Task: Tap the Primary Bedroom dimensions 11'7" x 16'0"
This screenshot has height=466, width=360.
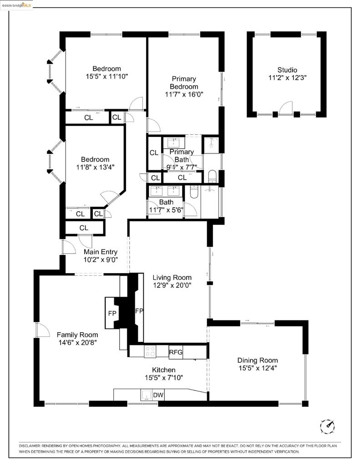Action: [x=184, y=95]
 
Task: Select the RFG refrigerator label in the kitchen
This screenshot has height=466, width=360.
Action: [x=176, y=352]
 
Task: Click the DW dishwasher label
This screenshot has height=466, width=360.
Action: [x=158, y=395]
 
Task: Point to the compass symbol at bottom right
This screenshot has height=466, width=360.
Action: [x=327, y=425]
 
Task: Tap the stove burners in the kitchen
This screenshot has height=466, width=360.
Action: [x=150, y=351]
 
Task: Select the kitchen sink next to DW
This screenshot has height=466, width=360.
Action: [x=147, y=395]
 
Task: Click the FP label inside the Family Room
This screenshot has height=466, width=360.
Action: [x=112, y=313]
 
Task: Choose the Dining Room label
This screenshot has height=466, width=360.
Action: [x=257, y=360]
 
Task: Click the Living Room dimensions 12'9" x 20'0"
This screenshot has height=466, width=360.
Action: [x=172, y=285]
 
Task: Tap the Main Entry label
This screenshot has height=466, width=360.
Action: [x=101, y=252]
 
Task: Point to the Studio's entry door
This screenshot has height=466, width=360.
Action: [x=285, y=108]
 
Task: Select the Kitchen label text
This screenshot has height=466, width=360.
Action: [x=163, y=370]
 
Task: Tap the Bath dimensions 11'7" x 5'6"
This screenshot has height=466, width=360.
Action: [x=166, y=210]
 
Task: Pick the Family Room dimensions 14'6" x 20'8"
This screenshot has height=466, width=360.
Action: [x=77, y=343]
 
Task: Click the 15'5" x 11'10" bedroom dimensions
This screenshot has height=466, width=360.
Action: [x=106, y=76]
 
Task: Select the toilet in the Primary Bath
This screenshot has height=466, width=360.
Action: [x=213, y=176]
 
